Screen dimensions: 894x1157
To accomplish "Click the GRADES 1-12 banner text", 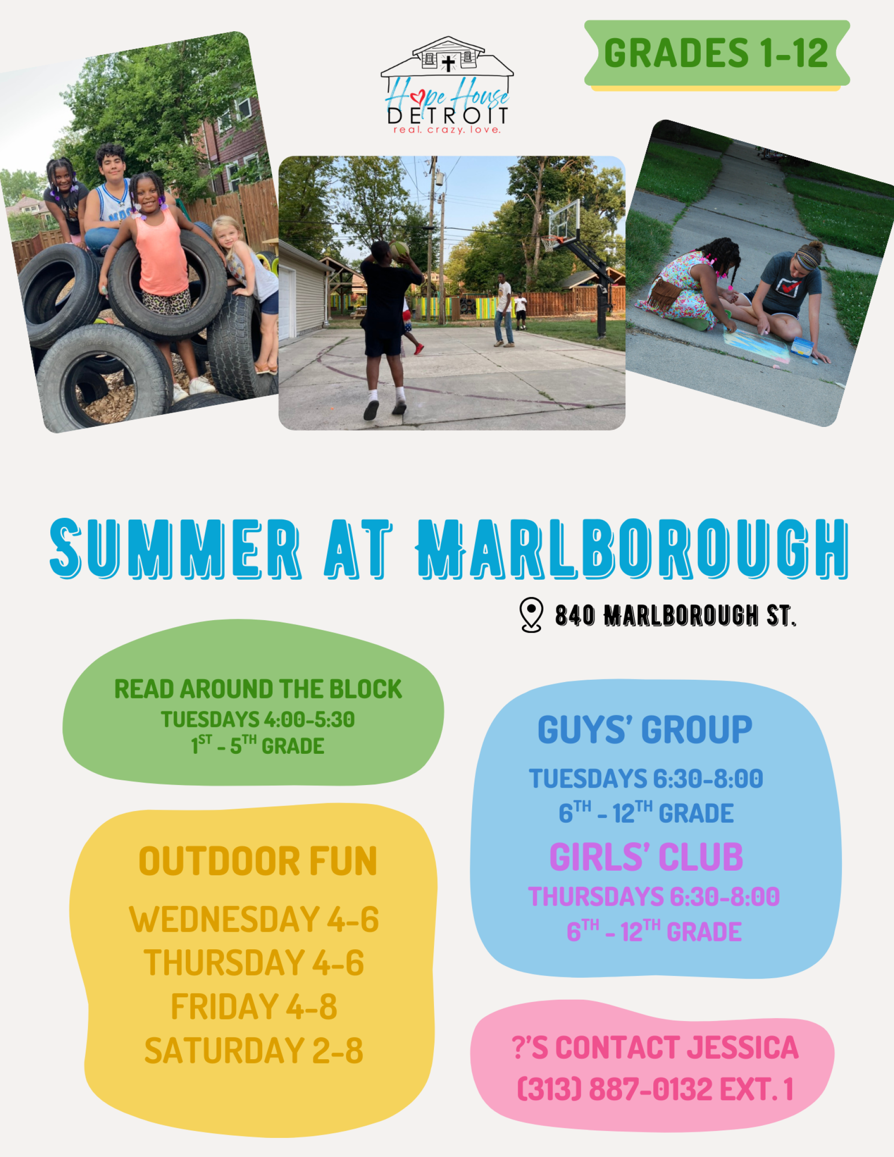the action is (x=716, y=53).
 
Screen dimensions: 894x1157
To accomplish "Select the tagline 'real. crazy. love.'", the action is (x=447, y=130).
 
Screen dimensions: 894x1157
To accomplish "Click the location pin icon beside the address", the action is (x=531, y=615).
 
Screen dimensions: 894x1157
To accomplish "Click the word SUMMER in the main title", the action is (x=176, y=549).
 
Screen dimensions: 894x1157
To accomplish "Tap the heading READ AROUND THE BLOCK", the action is (x=258, y=689).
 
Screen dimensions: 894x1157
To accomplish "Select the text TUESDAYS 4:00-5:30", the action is (x=258, y=719).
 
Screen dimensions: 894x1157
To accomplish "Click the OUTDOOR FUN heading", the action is (x=258, y=862).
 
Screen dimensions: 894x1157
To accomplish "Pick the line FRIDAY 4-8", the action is (x=254, y=1007).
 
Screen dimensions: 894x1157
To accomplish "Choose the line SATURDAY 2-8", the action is (x=254, y=1051).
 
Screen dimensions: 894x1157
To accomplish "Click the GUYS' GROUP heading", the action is (x=645, y=730).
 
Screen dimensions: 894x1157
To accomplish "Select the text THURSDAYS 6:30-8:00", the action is (x=654, y=897).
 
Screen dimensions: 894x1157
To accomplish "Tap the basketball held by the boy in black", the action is (x=399, y=250).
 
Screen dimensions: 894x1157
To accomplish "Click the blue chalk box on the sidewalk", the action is (x=802, y=349).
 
